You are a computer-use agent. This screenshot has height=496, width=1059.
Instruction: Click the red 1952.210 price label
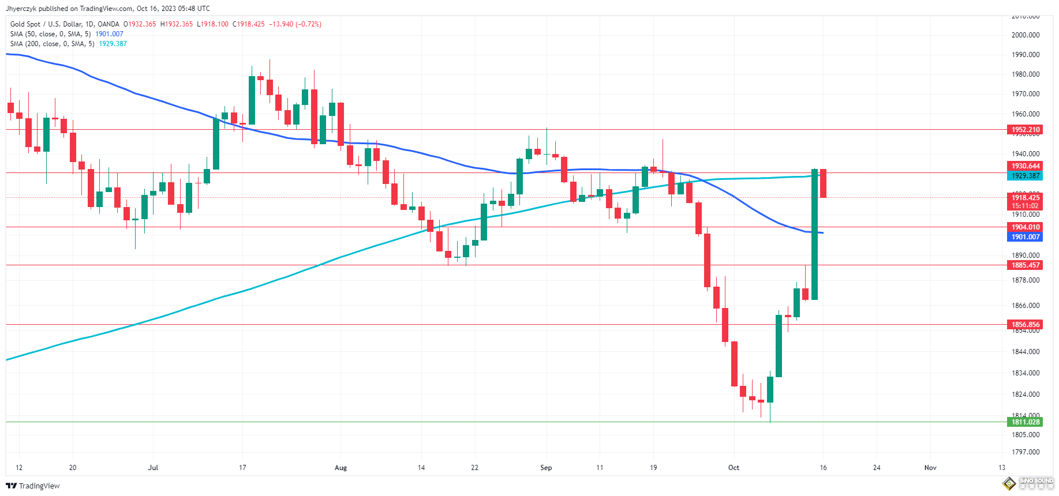tap(1025, 130)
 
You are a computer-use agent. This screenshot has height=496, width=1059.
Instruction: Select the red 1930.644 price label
tap(1025, 166)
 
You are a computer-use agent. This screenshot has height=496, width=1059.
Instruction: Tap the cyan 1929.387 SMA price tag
tap(1025, 176)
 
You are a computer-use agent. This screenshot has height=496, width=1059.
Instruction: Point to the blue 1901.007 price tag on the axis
tap(1025, 237)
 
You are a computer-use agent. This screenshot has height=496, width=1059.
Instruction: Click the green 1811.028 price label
tap(1025, 422)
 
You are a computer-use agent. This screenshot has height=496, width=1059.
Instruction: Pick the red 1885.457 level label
tap(1025, 265)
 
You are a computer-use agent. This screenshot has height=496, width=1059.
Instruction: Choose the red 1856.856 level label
tap(1025, 325)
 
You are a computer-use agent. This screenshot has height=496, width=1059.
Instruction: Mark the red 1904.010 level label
tap(1025, 227)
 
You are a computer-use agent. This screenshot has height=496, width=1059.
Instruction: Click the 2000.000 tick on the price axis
tap(1025, 35)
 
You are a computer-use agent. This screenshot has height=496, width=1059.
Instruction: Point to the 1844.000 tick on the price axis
tap(1025, 352)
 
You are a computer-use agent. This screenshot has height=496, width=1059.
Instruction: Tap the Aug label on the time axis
tap(340, 468)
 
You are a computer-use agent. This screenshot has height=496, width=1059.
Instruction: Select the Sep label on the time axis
tap(546, 468)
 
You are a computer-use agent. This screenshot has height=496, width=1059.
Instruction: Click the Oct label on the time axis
tap(734, 468)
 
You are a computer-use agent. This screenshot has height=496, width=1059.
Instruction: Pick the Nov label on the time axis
tap(930, 468)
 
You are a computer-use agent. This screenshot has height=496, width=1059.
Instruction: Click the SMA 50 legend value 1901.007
tap(109, 34)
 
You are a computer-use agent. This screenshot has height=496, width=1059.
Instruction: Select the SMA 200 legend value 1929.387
tap(113, 44)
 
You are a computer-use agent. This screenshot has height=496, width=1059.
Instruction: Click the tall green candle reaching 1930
tap(814, 234)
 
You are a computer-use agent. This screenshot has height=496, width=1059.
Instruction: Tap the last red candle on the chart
tap(823, 183)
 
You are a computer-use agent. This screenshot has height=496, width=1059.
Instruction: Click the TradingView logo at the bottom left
tap(33, 486)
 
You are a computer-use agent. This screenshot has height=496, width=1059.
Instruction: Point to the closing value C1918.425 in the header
tap(249, 24)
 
